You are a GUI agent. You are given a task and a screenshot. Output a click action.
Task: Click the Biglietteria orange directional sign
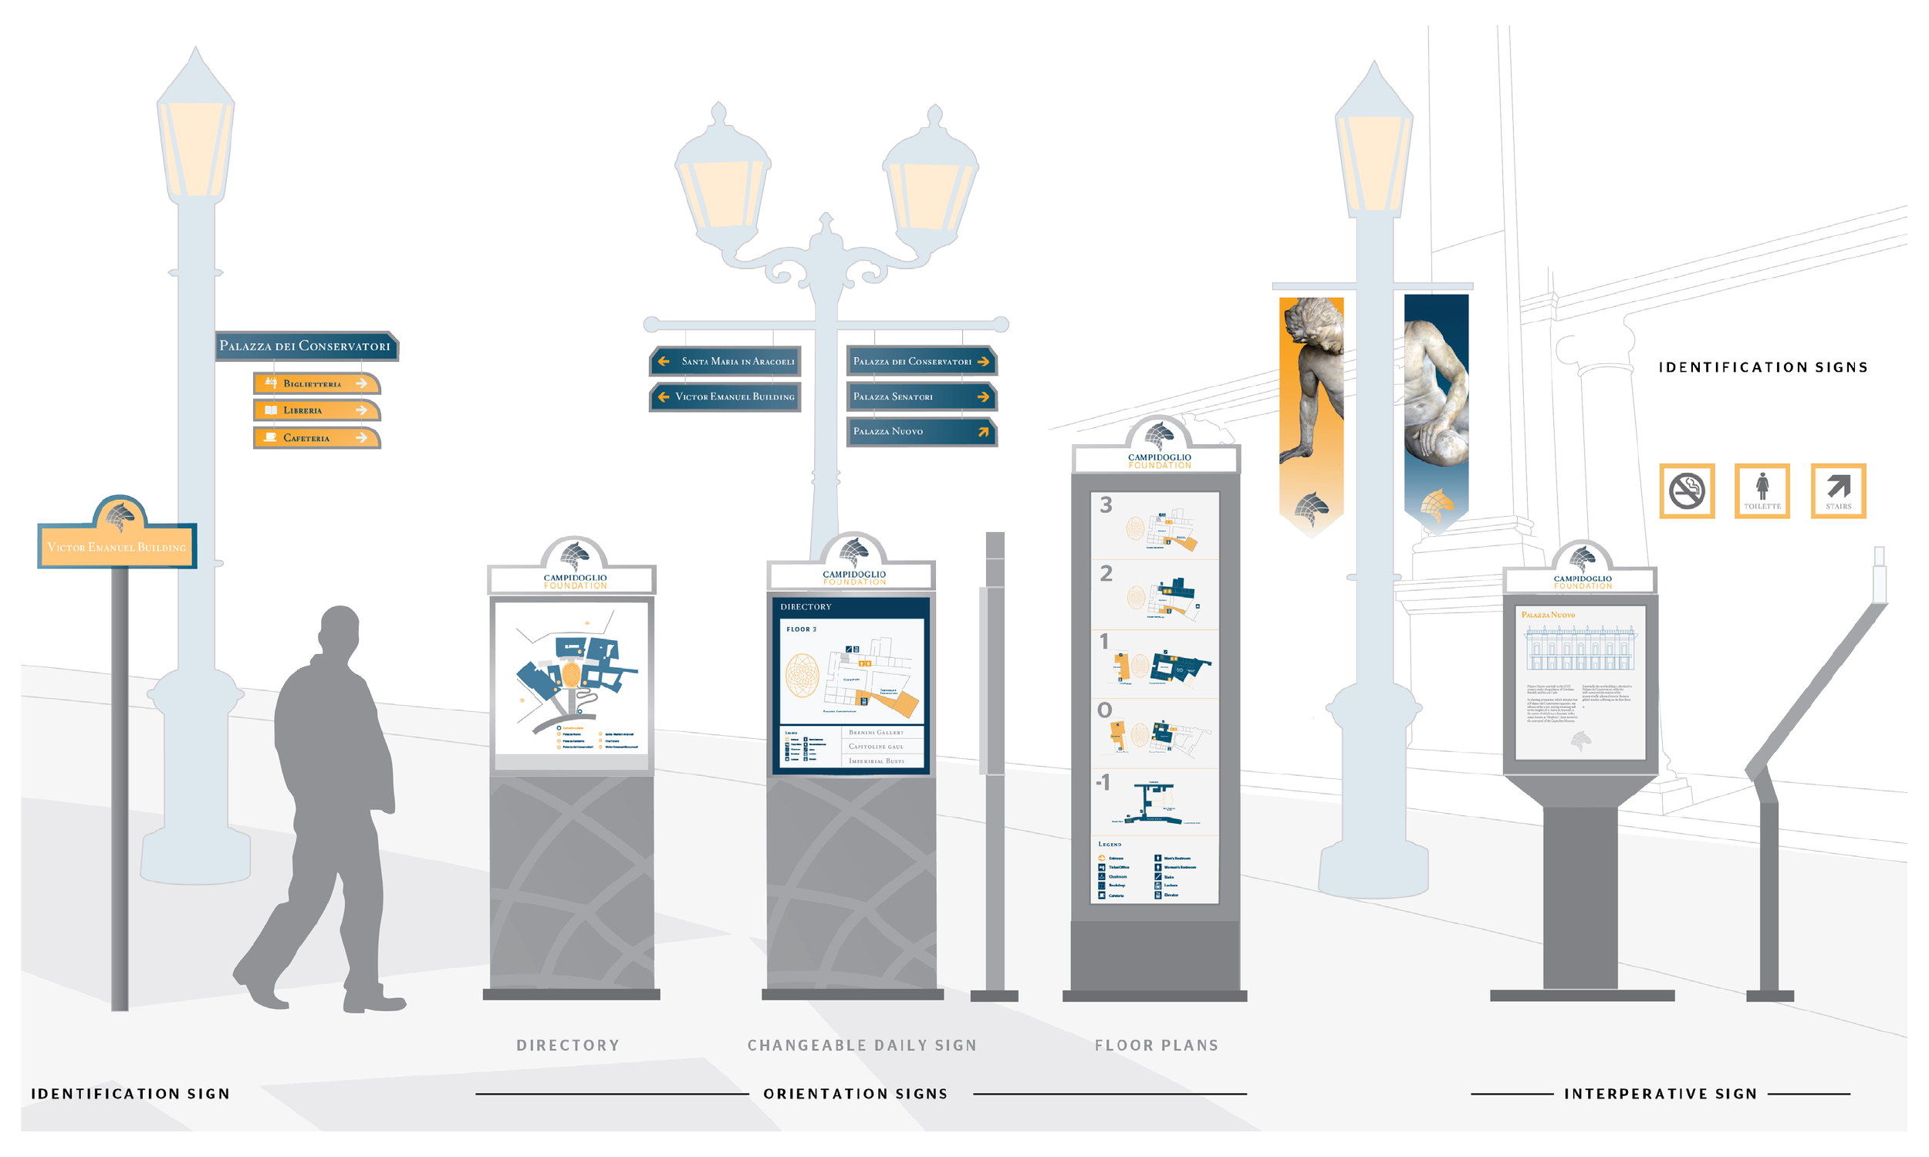(x=316, y=383)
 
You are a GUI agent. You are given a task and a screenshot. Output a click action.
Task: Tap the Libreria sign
(x=316, y=410)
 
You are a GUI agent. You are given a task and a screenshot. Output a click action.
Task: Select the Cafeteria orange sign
(x=316, y=438)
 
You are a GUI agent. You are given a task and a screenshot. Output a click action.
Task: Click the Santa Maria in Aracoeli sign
(x=726, y=362)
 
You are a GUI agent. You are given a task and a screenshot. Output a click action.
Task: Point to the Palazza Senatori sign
(x=921, y=396)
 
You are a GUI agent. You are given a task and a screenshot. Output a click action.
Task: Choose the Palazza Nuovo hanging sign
(x=921, y=431)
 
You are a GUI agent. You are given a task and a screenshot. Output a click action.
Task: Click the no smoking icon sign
(x=1687, y=491)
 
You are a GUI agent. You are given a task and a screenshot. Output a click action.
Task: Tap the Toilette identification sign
(x=1762, y=491)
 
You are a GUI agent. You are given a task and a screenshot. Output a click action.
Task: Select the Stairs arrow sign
(x=1838, y=491)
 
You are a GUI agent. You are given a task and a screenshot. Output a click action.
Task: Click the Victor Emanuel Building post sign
(x=117, y=547)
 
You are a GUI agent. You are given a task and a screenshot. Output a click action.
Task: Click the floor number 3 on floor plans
(x=1106, y=505)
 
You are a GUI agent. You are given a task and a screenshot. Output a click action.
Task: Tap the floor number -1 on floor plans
(x=1103, y=782)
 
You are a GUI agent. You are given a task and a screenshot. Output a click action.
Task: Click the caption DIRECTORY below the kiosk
(x=568, y=1045)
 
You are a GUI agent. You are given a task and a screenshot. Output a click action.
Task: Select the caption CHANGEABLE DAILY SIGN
(x=862, y=1045)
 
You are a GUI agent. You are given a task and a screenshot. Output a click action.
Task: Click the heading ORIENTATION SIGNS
(x=856, y=1094)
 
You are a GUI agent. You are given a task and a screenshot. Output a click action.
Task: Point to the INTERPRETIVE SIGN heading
(x=1660, y=1094)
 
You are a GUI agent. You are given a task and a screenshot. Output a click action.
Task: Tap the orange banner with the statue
(x=1312, y=413)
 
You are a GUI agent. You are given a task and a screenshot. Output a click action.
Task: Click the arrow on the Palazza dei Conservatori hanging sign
(x=983, y=362)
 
